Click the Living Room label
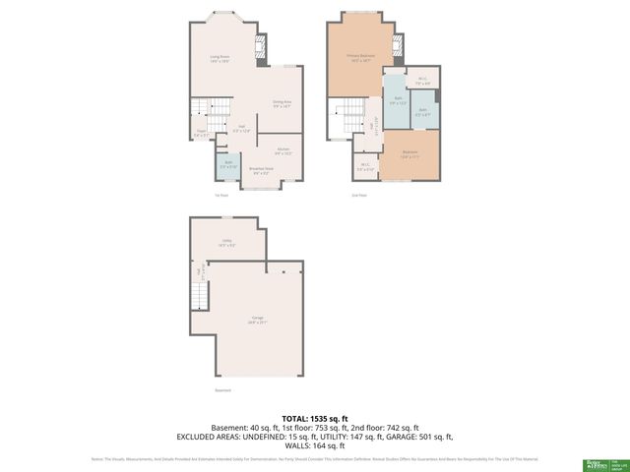point(220,59)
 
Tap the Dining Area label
point(283,102)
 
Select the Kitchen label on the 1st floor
point(283,150)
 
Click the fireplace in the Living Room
point(261,48)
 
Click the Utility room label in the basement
point(226,244)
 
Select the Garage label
point(258,320)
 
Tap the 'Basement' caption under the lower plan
point(222,390)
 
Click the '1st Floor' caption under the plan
point(221,195)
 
